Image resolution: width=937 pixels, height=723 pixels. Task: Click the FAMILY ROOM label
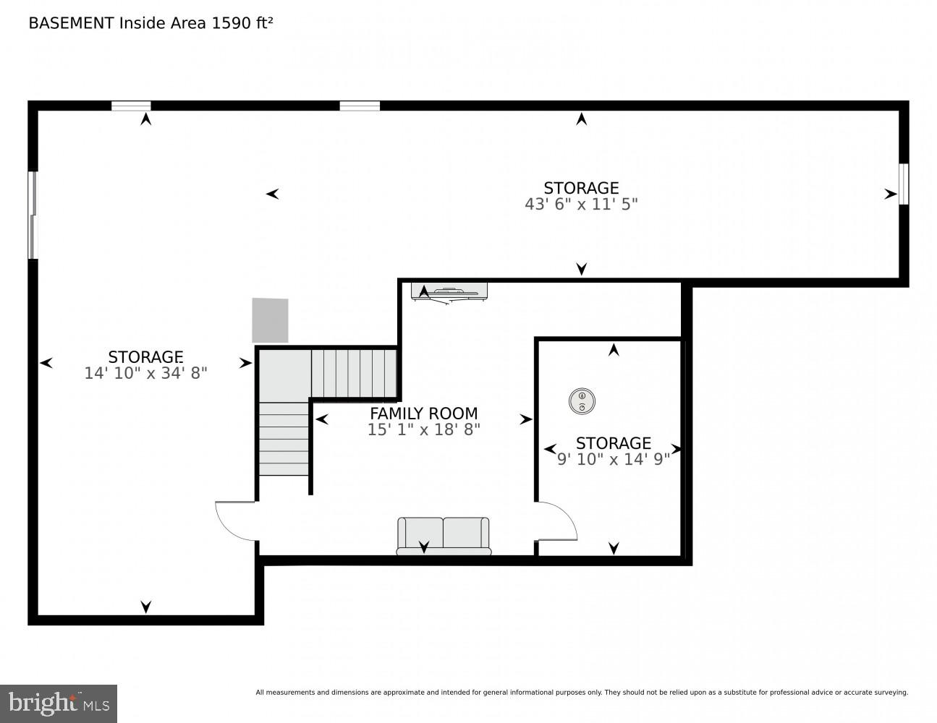pyautogui.click(x=423, y=414)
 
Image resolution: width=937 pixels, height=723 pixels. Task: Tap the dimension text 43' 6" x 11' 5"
pyautogui.click(x=581, y=205)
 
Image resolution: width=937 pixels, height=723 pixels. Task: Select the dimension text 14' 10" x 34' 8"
pyautogui.click(x=145, y=373)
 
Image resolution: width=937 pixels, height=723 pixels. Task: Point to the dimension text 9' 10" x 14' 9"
pyautogui.click(x=614, y=459)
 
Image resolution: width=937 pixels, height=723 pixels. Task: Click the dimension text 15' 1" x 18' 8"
pyautogui.click(x=423, y=429)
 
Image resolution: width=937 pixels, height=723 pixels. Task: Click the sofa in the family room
pyautogui.click(x=444, y=536)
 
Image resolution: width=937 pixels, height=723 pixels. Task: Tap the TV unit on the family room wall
pyautogui.click(x=449, y=292)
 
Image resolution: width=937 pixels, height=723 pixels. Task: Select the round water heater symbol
pyautogui.click(x=582, y=401)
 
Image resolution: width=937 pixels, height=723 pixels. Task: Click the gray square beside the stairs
pyautogui.click(x=270, y=320)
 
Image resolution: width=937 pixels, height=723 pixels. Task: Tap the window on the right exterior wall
pyautogui.click(x=903, y=184)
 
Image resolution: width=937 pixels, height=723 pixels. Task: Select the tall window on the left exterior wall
pyautogui.click(x=32, y=215)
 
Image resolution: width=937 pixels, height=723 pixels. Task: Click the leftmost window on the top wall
pyautogui.click(x=131, y=106)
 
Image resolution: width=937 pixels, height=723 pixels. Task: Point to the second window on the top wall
pyautogui.click(x=360, y=106)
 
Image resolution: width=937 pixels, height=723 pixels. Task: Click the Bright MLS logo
pyautogui.click(x=59, y=703)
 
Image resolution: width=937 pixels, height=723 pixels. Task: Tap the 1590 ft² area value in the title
pyautogui.click(x=242, y=23)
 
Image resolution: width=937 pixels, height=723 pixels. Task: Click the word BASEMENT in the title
pyautogui.click(x=71, y=23)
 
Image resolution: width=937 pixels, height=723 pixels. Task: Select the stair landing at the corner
pyautogui.click(x=284, y=374)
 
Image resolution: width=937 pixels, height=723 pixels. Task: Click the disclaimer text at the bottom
pyautogui.click(x=581, y=693)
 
